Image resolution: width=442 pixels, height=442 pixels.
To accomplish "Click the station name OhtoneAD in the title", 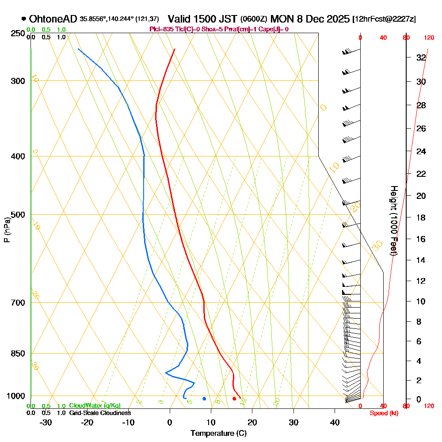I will [x=53, y=19].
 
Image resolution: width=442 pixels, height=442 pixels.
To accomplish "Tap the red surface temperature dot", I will [x=234, y=399].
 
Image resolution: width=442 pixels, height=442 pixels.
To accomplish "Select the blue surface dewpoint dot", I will [x=204, y=399].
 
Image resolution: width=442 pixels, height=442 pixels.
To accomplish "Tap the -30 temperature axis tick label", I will [x=46, y=422].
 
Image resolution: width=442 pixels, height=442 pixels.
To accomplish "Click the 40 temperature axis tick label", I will [x=335, y=422].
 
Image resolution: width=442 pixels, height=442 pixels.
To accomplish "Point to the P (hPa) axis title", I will [x=7, y=229].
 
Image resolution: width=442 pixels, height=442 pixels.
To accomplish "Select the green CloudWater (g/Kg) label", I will [x=95, y=406].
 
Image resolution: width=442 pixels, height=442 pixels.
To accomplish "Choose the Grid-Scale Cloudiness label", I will [x=99, y=413].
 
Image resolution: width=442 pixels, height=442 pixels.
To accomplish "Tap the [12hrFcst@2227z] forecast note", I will [x=383, y=19].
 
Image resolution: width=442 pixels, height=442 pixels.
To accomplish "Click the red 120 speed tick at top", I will [x=429, y=38].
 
